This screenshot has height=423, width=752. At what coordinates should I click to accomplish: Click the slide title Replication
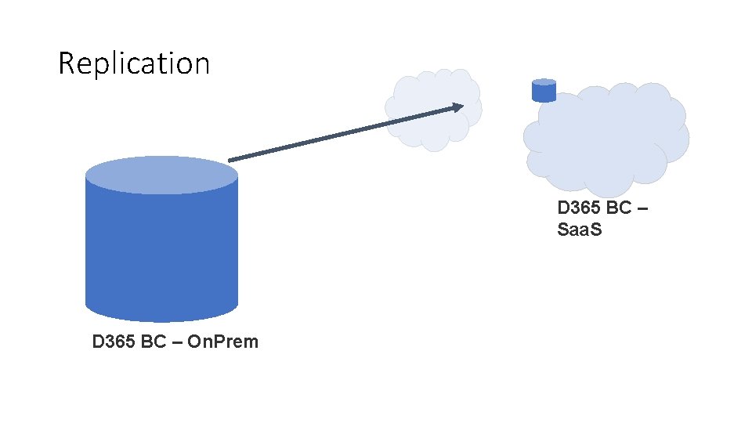click(x=134, y=63)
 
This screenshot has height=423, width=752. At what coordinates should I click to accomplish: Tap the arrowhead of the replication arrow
click(x=458, y=107)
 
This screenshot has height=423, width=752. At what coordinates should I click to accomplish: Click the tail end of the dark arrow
click(x=230, y=161)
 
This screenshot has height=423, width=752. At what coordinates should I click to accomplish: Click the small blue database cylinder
click(x=544, y=92)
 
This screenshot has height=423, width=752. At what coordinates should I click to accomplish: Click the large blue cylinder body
click(x=161, y=251)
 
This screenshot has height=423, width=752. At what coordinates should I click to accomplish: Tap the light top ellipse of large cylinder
click(x=161, y=175)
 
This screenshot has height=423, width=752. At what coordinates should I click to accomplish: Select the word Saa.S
click(x=580, y=230)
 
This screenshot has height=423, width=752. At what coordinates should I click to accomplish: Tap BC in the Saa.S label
click(x=619, y=208)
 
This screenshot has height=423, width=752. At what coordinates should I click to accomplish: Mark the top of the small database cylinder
click(x=544, y=82)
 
